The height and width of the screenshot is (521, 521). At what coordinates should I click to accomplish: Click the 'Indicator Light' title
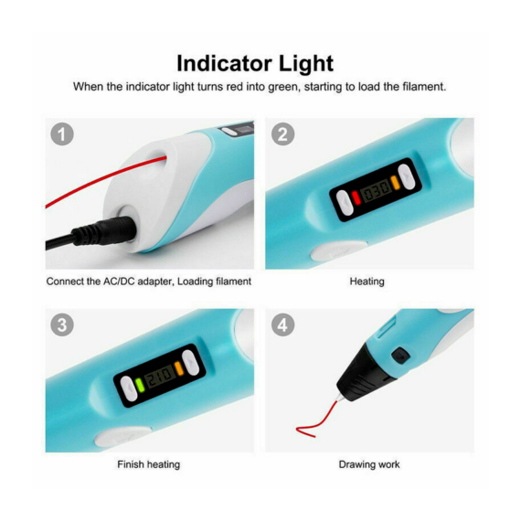coord(255,63)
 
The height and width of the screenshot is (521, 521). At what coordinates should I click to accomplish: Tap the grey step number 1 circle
coord(62,134)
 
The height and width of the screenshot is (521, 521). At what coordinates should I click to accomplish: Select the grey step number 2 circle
coord(282,134)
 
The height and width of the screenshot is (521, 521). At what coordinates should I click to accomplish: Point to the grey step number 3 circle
coord(62,324)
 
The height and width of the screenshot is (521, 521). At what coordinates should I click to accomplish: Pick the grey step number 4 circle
coord(282,324)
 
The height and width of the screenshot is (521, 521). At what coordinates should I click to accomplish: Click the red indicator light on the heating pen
coord(356,197)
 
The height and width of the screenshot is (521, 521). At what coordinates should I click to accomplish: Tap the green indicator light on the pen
coord(140,385)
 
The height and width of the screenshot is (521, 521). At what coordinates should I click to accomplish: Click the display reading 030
coord(376,190)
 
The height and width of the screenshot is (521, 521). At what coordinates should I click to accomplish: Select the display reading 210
coord(160,377)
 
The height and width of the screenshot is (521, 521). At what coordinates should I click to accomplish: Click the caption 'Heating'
coord(367,282)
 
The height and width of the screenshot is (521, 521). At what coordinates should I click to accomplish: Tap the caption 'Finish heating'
coord(148,464)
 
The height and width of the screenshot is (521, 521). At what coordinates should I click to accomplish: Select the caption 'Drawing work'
coord(369,464)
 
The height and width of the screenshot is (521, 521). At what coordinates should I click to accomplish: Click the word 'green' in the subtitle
coord(284,87)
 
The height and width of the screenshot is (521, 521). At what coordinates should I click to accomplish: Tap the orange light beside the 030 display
coord(395,183)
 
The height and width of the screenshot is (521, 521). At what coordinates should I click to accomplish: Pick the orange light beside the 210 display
coord(179,368)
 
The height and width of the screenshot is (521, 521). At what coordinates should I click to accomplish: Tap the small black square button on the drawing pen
coord(400,356)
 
